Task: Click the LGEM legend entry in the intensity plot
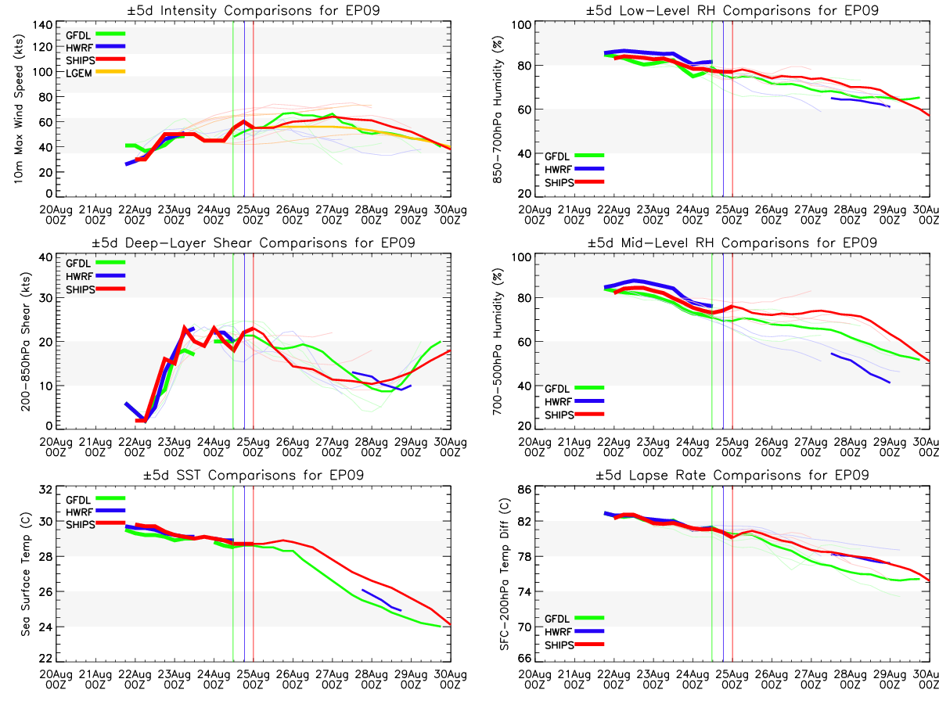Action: point(95,73)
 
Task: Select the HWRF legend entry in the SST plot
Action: point(95,512)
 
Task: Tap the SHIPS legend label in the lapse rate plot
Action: point(559,645)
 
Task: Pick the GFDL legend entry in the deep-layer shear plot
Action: point(95,263)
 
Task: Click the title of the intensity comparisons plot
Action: point(254,10)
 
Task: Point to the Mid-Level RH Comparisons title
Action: point(732,242)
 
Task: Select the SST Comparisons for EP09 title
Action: point(254,475)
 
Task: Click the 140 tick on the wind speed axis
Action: point(42,25)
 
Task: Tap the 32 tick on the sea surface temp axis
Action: point(45,489)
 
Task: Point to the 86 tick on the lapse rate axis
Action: point(524,489)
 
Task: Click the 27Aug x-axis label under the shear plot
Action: point(332,447)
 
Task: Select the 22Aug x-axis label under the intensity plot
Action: point(135,214)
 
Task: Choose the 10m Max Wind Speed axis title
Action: point(18,109)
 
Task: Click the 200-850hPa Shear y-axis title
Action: point(26,341)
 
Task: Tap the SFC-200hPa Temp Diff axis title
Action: point(505,574)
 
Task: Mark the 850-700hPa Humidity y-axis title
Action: point(497,109)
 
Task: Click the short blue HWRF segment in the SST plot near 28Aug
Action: point(382,600)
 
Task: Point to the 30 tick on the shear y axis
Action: point(45,297)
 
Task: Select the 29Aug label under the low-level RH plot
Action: point(890,214)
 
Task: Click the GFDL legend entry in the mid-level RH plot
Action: point(574,388)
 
